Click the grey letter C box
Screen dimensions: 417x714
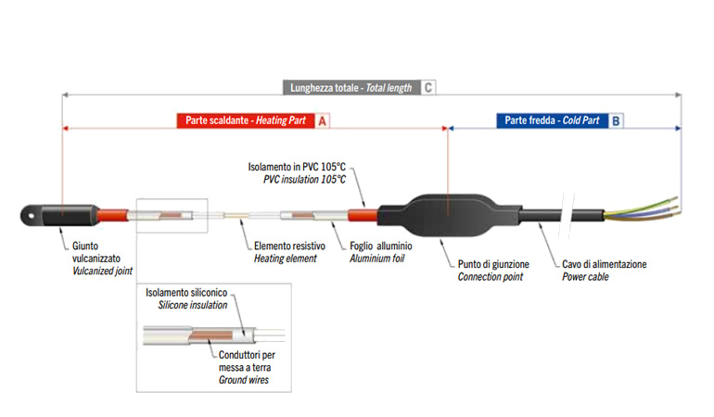(x=428, y=88)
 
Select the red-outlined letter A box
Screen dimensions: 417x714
(x=323, y=120)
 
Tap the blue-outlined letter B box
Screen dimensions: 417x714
(x=618, y=120)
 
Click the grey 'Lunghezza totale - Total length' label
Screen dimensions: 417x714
(x=351, y=88)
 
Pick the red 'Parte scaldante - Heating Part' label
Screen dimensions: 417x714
(x=245, y=120)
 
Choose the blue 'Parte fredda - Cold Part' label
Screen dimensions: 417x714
(x=553, y=120)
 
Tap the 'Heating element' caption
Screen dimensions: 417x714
(x=285, y=259)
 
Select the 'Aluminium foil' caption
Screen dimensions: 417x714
(x=380, y=259)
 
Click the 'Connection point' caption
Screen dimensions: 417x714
(x=490, y=276)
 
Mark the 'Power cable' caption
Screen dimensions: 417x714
(x=586, y=276)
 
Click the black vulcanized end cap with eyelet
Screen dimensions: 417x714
(x=42, y=214)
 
